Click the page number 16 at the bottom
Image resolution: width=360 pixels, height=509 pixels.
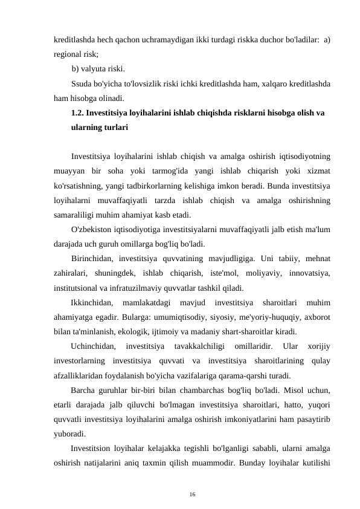192,478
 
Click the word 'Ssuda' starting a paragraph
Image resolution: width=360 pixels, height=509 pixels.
82,83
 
